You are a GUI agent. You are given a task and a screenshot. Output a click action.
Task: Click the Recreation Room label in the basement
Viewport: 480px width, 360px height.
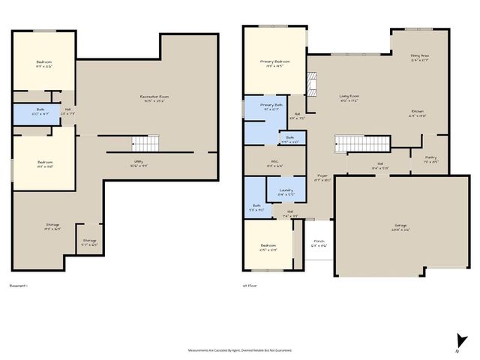point(152,97)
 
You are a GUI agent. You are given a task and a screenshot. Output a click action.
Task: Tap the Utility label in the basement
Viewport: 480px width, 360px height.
point(139,163)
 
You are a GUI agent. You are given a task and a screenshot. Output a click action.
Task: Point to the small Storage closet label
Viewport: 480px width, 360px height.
point(89,242)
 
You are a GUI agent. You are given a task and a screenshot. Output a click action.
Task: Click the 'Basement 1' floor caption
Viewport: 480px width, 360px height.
point(18,286)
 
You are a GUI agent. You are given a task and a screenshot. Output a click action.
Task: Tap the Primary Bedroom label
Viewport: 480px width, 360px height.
point(275,63)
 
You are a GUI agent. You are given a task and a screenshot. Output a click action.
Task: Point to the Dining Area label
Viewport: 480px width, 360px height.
point(420,57)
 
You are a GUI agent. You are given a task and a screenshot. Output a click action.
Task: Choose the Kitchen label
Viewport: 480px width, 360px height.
point(417,114)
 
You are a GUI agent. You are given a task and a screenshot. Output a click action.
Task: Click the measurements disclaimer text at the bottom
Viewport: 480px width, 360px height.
point(239,349)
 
